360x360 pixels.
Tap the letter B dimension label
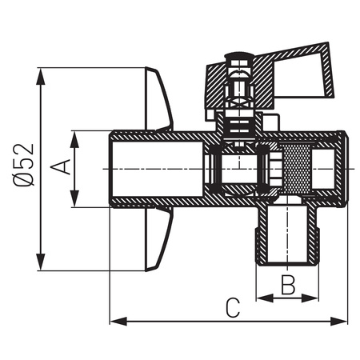point(289,283)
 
